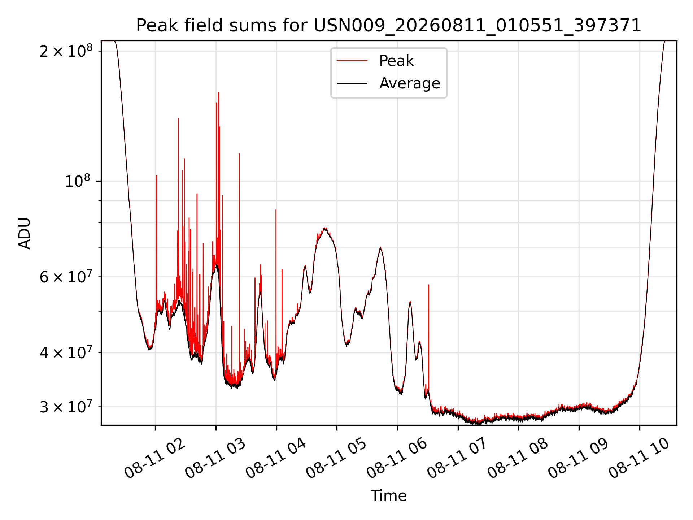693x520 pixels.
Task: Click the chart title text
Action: click(x=388, y=26)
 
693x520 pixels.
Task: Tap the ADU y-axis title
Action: click(x=25, y=233)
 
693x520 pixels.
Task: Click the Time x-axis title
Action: click(x=388, y=496)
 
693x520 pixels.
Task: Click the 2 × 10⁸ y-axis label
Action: click(x=66, y=51)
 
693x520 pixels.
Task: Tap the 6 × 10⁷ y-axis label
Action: click(x=66, y=277)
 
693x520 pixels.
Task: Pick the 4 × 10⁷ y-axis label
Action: click(x=66, y=352)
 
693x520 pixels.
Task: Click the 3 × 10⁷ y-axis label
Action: click(x=66, y=407)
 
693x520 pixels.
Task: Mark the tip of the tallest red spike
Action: click(x=218, y=93)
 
